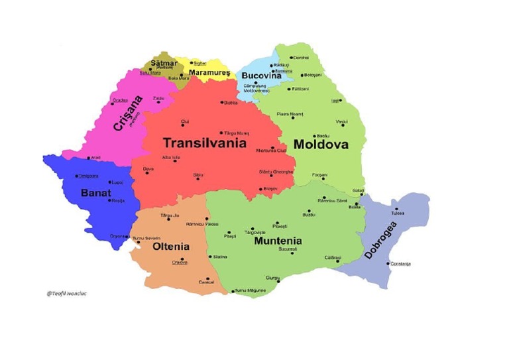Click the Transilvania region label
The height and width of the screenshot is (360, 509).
204,143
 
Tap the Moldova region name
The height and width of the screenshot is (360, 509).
321,144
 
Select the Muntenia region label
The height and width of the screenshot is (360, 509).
278,241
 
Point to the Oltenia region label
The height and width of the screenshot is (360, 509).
171,246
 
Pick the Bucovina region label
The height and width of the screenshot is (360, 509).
261,76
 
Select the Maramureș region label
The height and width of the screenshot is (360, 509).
209,72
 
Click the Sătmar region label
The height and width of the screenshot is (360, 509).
164,63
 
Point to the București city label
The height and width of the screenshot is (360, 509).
288,249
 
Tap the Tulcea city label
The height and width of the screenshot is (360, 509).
398,213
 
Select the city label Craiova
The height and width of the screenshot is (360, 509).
180,262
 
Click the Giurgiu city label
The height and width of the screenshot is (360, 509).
272,277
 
